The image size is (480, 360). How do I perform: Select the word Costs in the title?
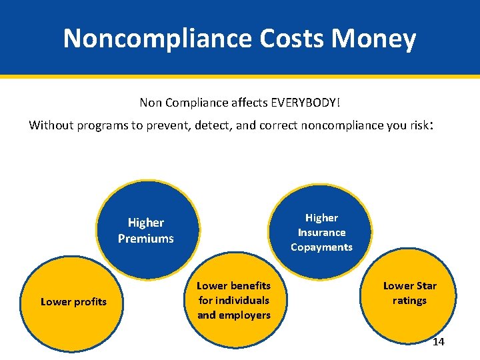point(293,39)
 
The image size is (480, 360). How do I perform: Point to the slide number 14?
point(438,342)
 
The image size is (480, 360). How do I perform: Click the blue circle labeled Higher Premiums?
point(145,230)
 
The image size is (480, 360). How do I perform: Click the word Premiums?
point(145,239)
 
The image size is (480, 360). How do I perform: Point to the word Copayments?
point(321,247)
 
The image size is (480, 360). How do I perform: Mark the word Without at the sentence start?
point(51,125)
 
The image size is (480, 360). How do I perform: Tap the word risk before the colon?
point(419,125)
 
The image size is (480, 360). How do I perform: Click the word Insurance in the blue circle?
point(321,233)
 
